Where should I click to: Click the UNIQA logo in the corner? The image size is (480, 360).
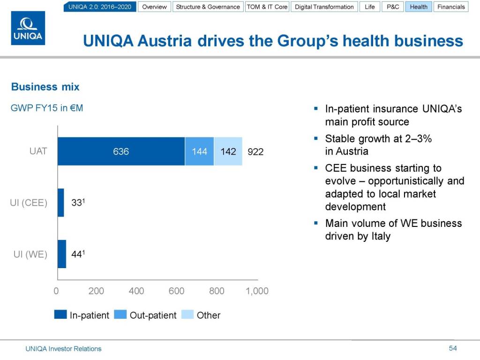pos(28,29)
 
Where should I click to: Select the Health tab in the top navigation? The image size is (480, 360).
pos(419,7)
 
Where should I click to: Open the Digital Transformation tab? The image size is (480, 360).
pos(324,7)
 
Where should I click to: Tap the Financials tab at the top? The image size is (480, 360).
pos(451,7)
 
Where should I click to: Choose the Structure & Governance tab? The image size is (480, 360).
pos(208,7)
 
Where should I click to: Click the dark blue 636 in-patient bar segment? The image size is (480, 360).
pos(121,151)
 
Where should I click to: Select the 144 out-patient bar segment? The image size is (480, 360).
pos(199,151)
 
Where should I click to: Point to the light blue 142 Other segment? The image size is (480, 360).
pos(228,151)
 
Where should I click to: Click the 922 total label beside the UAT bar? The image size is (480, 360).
pos(255,152)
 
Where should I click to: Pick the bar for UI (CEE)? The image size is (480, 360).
pos(60,203)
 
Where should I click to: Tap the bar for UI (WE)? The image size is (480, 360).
pos(62,254)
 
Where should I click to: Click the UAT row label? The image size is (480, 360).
pos(38,151)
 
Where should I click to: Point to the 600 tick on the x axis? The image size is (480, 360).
pos(177,291)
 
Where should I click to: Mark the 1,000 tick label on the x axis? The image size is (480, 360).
pos(257,291)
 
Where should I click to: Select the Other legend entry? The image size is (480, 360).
pos(208,315)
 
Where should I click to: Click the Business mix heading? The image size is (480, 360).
pos(45,87)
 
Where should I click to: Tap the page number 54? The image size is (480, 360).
pos(452,348)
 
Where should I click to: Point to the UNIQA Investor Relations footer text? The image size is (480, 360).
pos(63,349)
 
